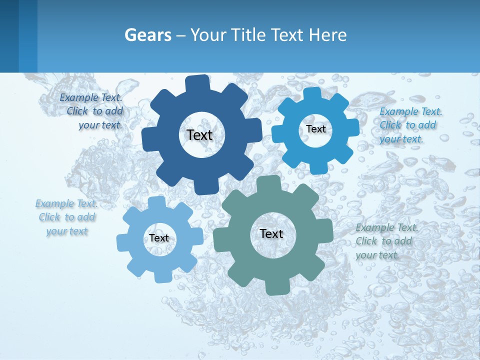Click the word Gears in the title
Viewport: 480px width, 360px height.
tap(148, 35)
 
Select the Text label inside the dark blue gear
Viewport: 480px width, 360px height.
tap(199, 135)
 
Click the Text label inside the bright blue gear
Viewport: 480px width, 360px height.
tap(315, 129)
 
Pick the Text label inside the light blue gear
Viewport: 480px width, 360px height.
tap(159, 238)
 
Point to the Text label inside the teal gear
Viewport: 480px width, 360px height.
tap(271, 233)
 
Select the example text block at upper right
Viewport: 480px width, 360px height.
tap(410, 125)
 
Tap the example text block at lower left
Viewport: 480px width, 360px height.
tap(67, 217)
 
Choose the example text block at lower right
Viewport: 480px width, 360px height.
tap(386, 241)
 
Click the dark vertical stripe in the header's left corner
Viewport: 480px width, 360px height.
tap(9, 36)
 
